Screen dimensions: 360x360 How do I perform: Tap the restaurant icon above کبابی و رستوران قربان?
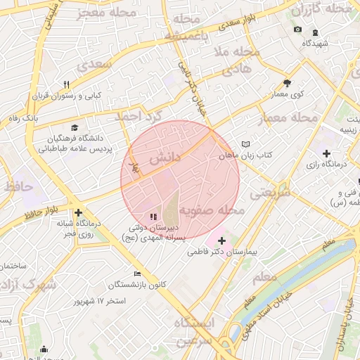pyautogui.click(x=66, y=84)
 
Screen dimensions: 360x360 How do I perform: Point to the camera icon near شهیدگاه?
pyautogui.click(x=297, y=30)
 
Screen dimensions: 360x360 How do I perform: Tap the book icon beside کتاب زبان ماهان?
pyautogui.click(x=245, y=144)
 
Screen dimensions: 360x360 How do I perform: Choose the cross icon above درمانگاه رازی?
pyautogui.click(x=326, y=153)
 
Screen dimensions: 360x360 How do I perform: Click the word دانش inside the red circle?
pyautogui.click(x=165, y=158)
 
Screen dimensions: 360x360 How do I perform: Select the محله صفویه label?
pyautogui.click(x=211, y=210)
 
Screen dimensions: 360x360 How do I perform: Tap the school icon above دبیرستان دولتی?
pyautogui.click(x=153, y=217)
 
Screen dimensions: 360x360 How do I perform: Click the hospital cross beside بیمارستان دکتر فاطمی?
pyautogui.click(x=222, y=241)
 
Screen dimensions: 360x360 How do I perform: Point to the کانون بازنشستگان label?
pyautogui.click(x=137, y=285)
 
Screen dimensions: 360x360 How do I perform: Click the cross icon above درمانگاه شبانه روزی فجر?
pyautogui.click(x=78, y=212)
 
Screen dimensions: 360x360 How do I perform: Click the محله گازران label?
pyautogui.click(x=321, y=8)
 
